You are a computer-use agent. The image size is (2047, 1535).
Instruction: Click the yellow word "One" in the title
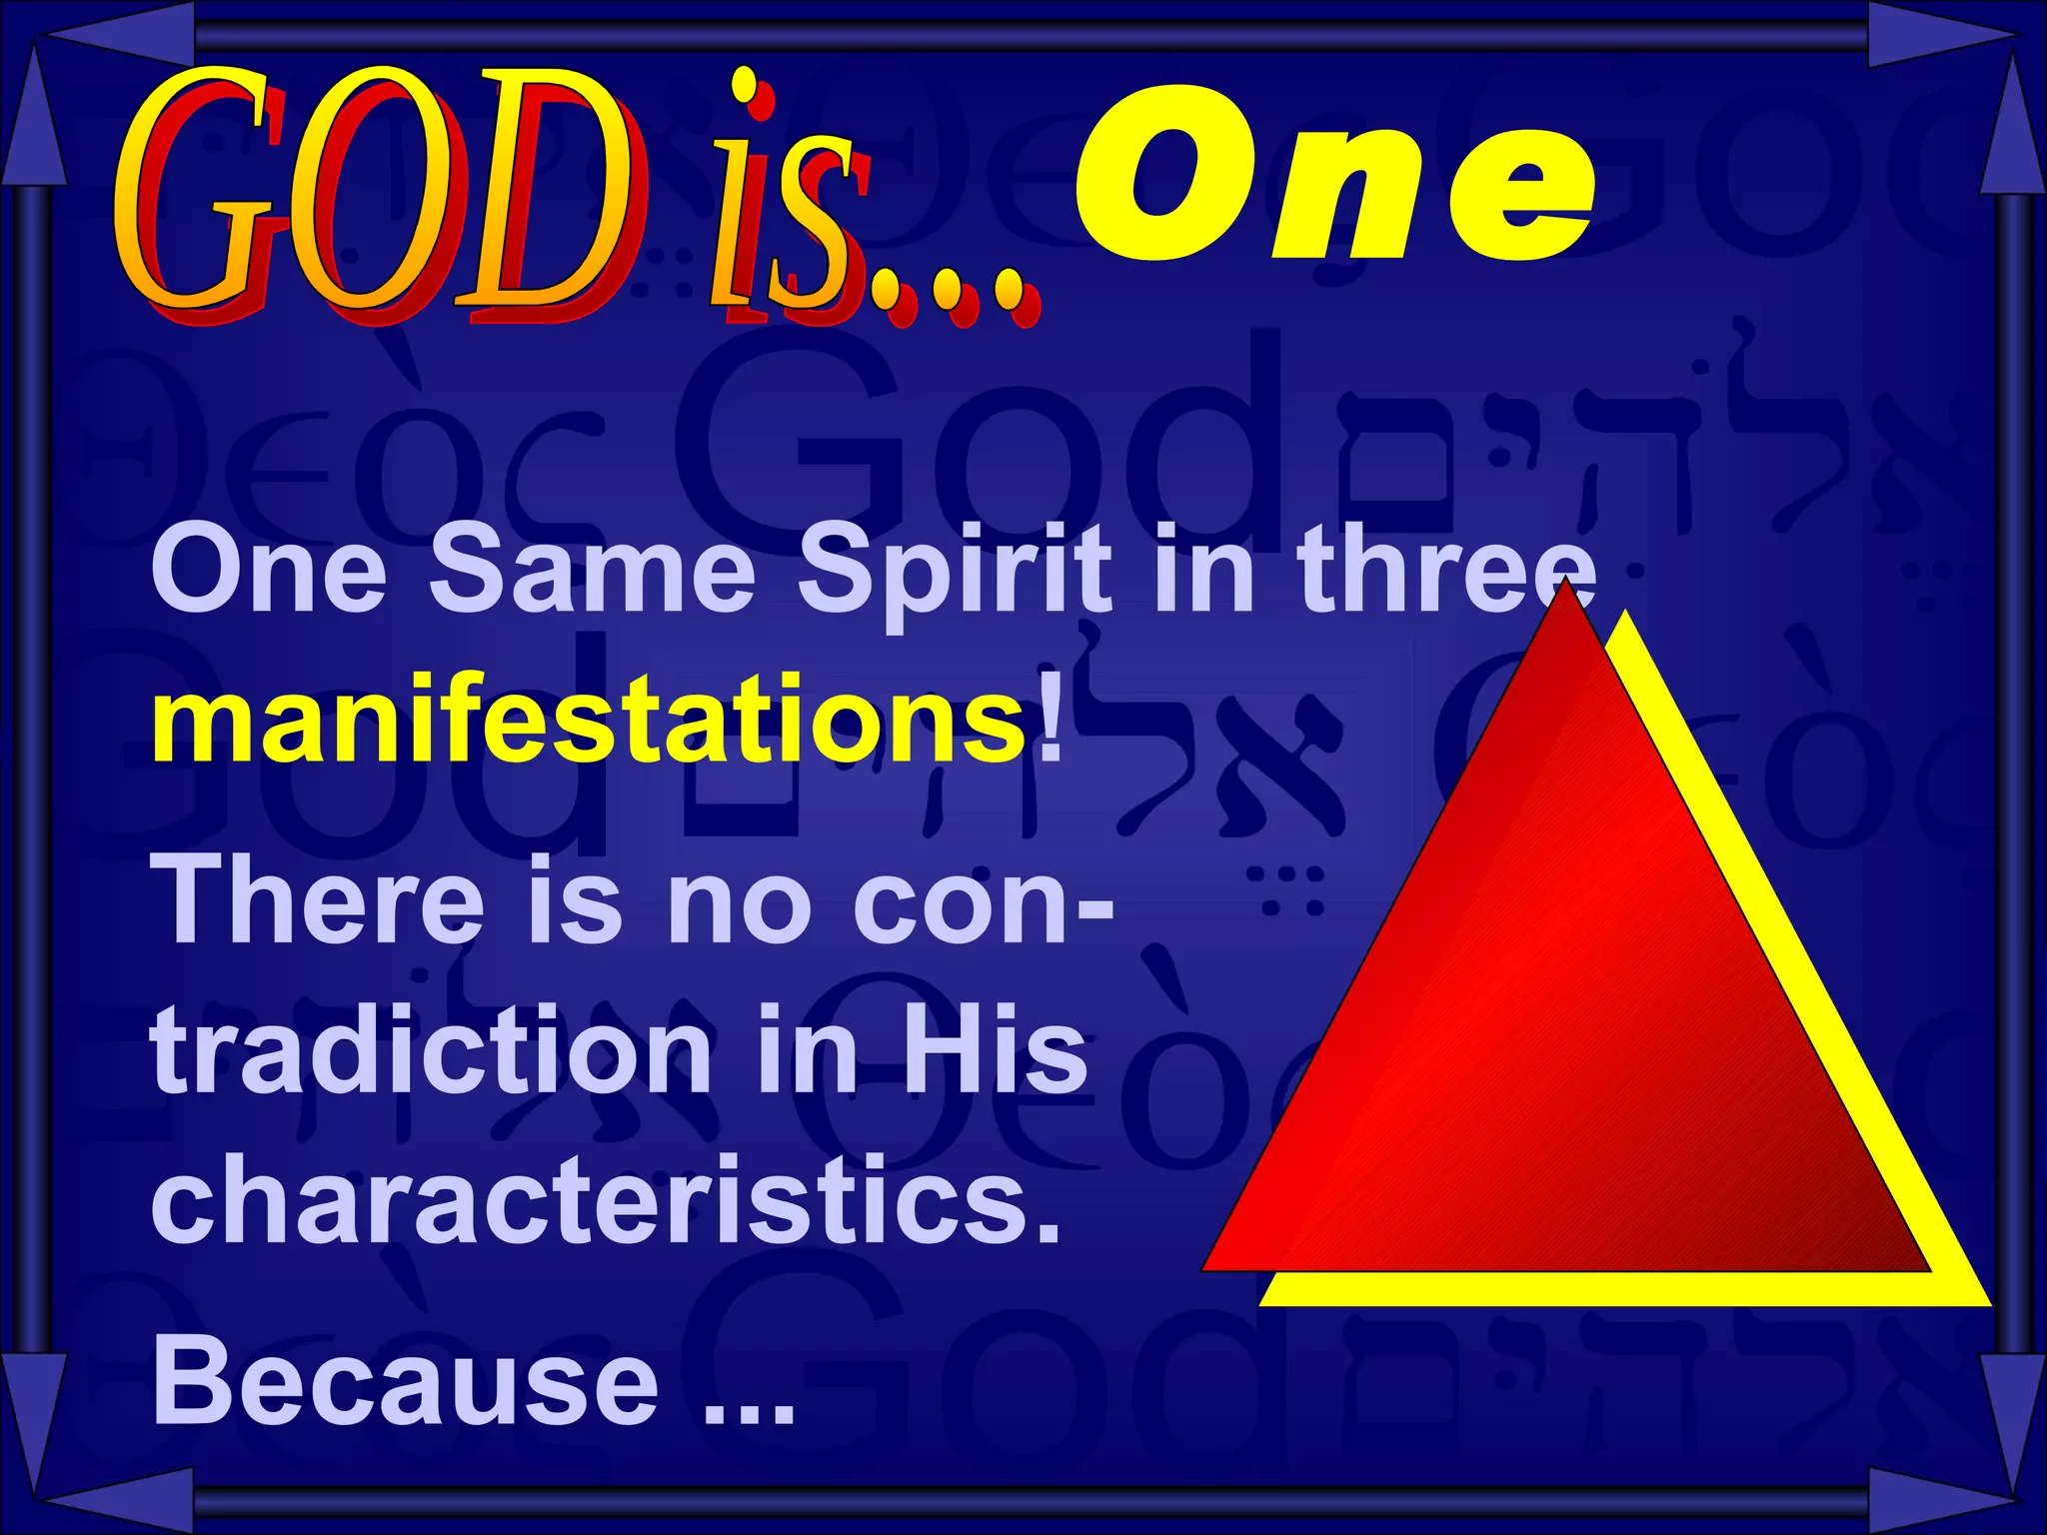1334,175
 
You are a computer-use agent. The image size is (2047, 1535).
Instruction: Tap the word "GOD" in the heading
375,195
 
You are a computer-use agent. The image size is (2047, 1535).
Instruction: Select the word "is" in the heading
790,200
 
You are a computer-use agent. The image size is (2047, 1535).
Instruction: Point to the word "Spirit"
955,572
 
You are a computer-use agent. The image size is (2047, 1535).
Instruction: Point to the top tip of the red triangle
1565,584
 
